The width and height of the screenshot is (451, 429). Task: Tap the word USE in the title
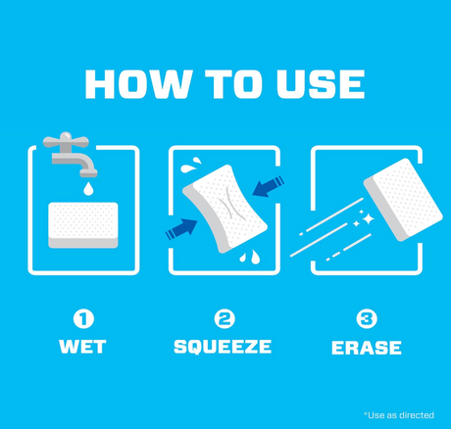[x=321, y=84]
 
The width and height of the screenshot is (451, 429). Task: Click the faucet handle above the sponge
[x=66, y=141]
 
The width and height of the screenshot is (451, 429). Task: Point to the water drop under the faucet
[x=88, y=188]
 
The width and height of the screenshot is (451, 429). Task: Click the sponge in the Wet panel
[x=83, y=225]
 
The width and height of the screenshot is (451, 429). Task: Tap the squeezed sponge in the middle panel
[x=225, y=209]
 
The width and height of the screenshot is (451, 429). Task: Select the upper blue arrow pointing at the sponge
[x=268, y=187]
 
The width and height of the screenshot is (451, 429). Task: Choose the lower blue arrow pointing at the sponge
[x=181, y=229]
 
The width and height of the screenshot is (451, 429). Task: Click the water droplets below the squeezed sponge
[x=250, y=257]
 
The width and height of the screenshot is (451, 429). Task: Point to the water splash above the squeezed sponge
[x=191, y=165]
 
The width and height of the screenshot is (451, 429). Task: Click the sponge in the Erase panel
[x=403, y=200]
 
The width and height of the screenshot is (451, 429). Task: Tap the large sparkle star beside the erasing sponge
[x=368, y=218]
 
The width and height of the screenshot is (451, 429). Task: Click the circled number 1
[x=83, y=319]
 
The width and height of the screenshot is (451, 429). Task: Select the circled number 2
[x=225, y=319]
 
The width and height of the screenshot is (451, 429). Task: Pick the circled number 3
[x=367, y=319]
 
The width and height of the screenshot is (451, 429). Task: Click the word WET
[x=82, y=347]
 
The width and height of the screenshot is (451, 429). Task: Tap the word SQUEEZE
[x=223, y=347]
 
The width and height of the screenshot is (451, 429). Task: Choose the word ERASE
[x=367, y=348]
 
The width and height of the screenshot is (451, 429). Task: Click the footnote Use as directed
[x=399, y=415]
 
